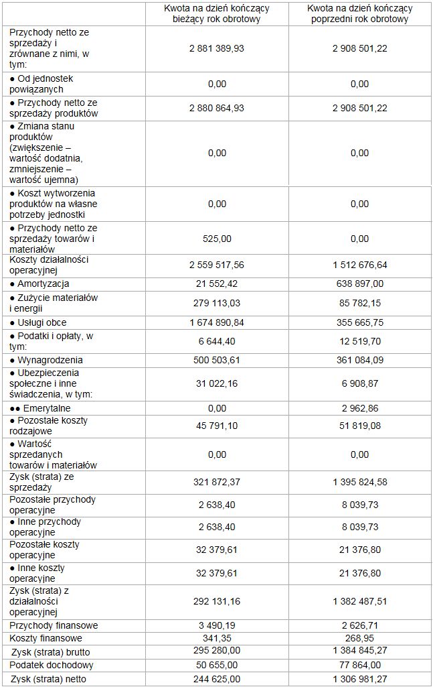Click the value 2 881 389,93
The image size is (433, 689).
[217, 48]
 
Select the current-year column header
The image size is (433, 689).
[217, 13]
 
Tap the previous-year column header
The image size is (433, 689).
[359, 13]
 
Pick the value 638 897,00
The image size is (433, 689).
[359, 284]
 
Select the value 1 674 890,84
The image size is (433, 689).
[217, 322]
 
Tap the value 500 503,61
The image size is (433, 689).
[217, 360]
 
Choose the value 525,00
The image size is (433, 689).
[217, 238]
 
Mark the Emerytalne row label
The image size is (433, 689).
[41, 408]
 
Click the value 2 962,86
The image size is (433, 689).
[359, 408]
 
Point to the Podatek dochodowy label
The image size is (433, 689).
[52, 665]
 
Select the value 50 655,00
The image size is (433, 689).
[217, 665]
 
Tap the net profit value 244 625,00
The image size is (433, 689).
[217, 679]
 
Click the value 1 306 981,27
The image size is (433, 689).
[359, 679]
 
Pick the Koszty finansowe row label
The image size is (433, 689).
[46, 638]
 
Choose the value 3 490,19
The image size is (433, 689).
[217, 625]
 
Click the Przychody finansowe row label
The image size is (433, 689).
[54, 625]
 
